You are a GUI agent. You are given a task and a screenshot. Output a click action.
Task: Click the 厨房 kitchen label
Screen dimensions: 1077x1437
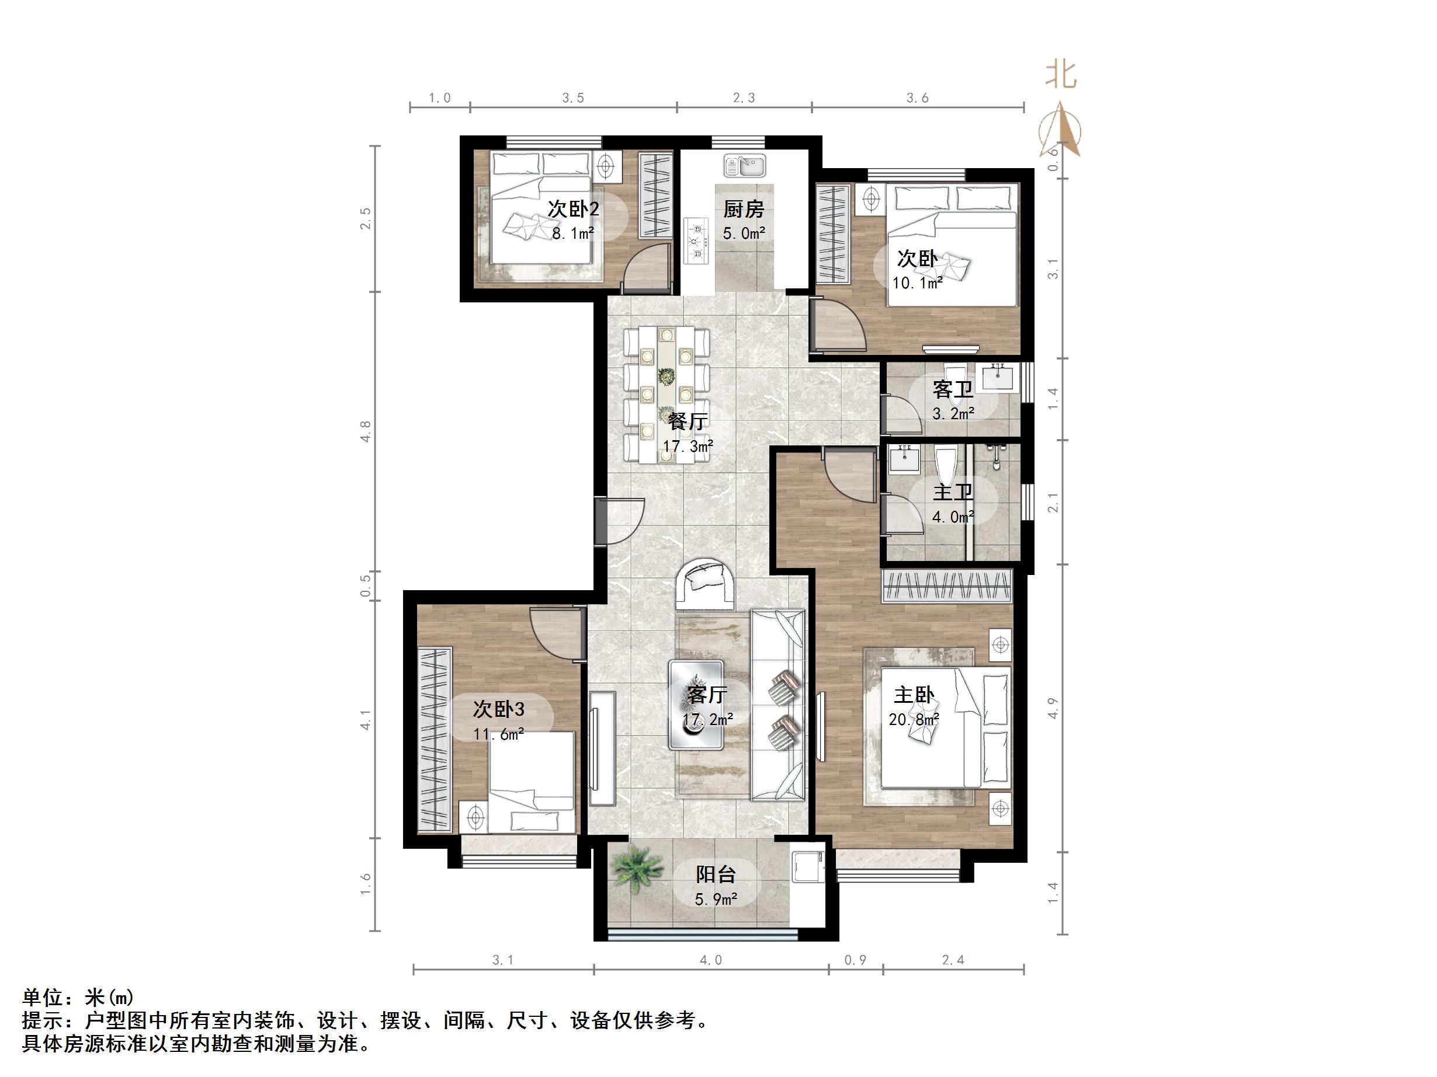pyautogui.click(x=743, y=209)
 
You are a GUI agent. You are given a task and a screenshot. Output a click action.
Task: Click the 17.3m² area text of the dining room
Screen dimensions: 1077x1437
pyautogui.click(x=688, y=447)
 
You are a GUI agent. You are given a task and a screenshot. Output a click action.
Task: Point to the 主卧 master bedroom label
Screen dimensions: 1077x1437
pyautogui.click(x=914, y=695)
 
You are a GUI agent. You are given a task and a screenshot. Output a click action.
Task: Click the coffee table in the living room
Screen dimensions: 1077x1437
pyautogui.click(x=696, y=705)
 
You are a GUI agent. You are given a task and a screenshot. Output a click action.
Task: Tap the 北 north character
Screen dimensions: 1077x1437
pyautogui.click(x=1060, y=75)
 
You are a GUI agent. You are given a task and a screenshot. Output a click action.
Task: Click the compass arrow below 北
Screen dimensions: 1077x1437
pyautogui.click(x=1061, y=130)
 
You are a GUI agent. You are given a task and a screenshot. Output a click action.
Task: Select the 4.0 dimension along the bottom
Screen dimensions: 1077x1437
pyautogui.click(x=710, y=960)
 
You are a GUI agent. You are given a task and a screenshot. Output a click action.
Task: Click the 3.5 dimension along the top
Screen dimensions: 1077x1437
pyautogui.click(x=572, y=98)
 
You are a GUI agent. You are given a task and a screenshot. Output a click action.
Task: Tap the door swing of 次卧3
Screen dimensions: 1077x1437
pyautogui.click(x=554, y=633)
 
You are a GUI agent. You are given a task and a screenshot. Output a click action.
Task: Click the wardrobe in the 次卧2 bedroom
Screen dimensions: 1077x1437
pyautogui.click(x=655, y=195)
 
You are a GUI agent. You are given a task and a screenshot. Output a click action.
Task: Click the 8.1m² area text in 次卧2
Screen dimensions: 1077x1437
pyautogui.click(x=573, y=233)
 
